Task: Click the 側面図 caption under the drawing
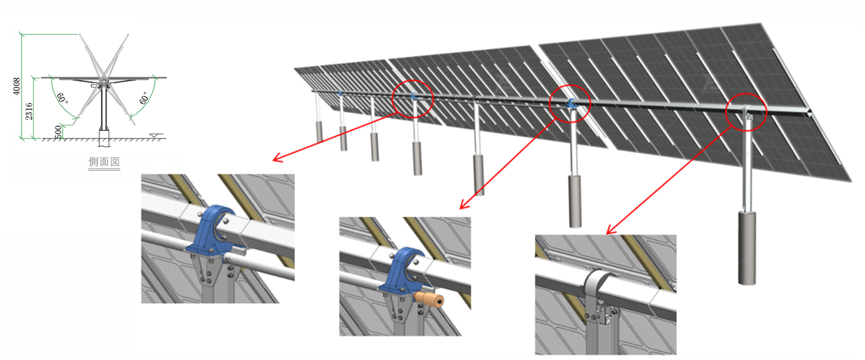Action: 104,162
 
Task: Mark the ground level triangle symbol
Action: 153,136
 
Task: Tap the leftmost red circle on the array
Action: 413,97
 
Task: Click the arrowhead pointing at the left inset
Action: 278,159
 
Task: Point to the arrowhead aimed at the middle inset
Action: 463,206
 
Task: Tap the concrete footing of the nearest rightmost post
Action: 747,248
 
